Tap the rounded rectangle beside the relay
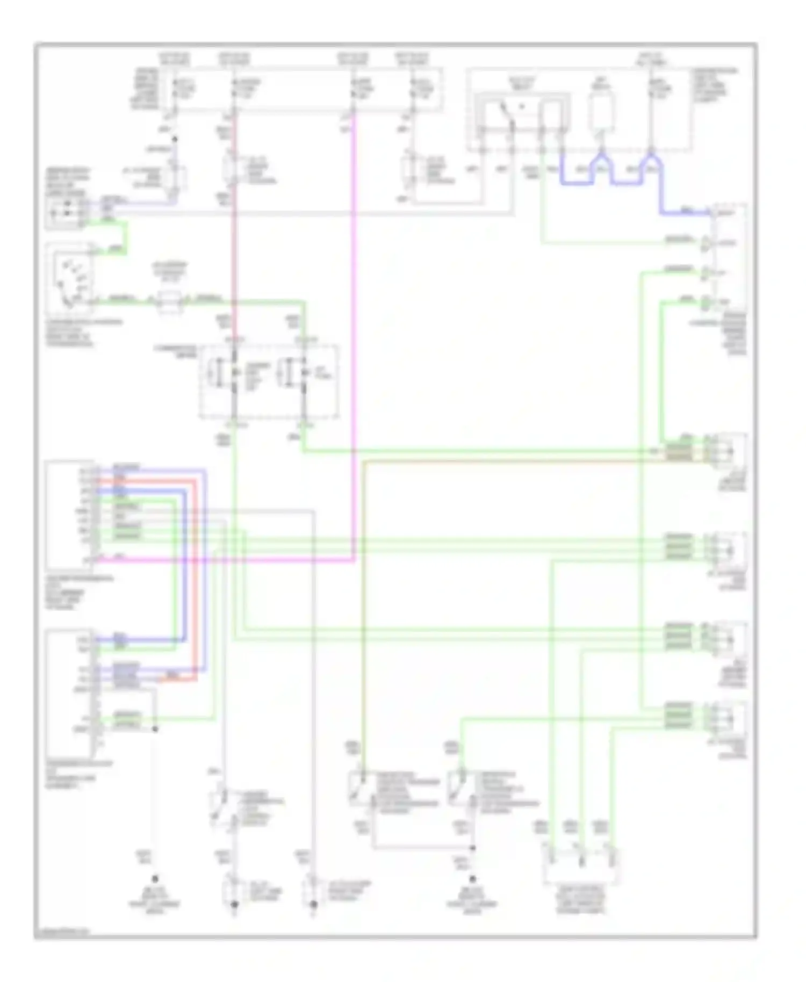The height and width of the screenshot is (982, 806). tap(601, 113)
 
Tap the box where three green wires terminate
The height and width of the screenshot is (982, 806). tap(580, 865)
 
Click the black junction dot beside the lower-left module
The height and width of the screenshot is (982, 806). tap(155, 729)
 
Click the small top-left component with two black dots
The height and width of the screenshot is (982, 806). tap(64, 213)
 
